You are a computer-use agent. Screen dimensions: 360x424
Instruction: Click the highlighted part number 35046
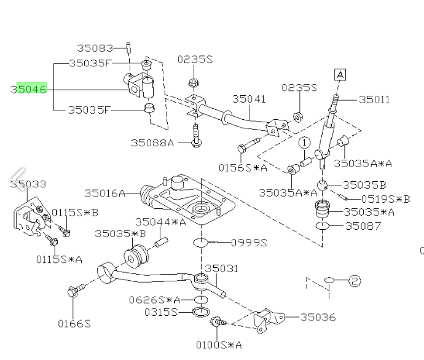28,89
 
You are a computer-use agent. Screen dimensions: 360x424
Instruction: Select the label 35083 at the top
95,47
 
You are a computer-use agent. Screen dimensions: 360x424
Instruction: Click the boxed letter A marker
340,75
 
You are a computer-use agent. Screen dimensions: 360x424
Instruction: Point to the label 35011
374,99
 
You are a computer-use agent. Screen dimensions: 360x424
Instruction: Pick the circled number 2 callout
355,281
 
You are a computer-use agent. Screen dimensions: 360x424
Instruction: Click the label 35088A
152,143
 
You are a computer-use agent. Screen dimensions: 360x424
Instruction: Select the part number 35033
28,183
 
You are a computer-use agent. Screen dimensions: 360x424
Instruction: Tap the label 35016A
104,194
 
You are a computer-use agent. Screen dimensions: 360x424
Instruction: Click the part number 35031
221,268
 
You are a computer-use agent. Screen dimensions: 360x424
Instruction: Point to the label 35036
318,317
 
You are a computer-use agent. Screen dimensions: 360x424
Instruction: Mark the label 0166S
74,323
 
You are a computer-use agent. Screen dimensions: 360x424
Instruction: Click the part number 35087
363,226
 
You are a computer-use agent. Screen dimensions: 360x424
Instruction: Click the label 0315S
160,313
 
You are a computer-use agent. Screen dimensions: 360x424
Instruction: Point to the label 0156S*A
243,167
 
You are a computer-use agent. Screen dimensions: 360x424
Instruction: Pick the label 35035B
364,184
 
